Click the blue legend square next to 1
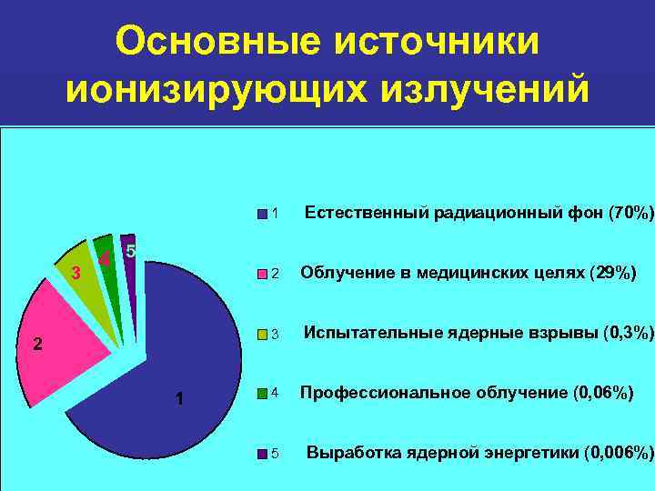point(263,215)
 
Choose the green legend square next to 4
point(263,394)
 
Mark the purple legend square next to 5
point(263,453)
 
